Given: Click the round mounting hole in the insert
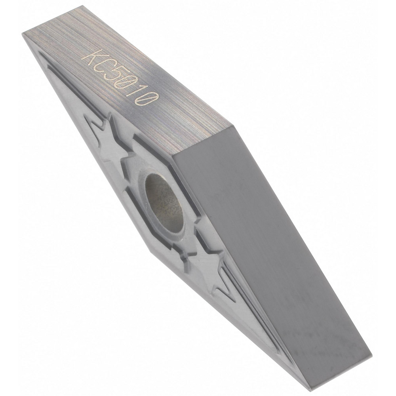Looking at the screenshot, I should [164, 204].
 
